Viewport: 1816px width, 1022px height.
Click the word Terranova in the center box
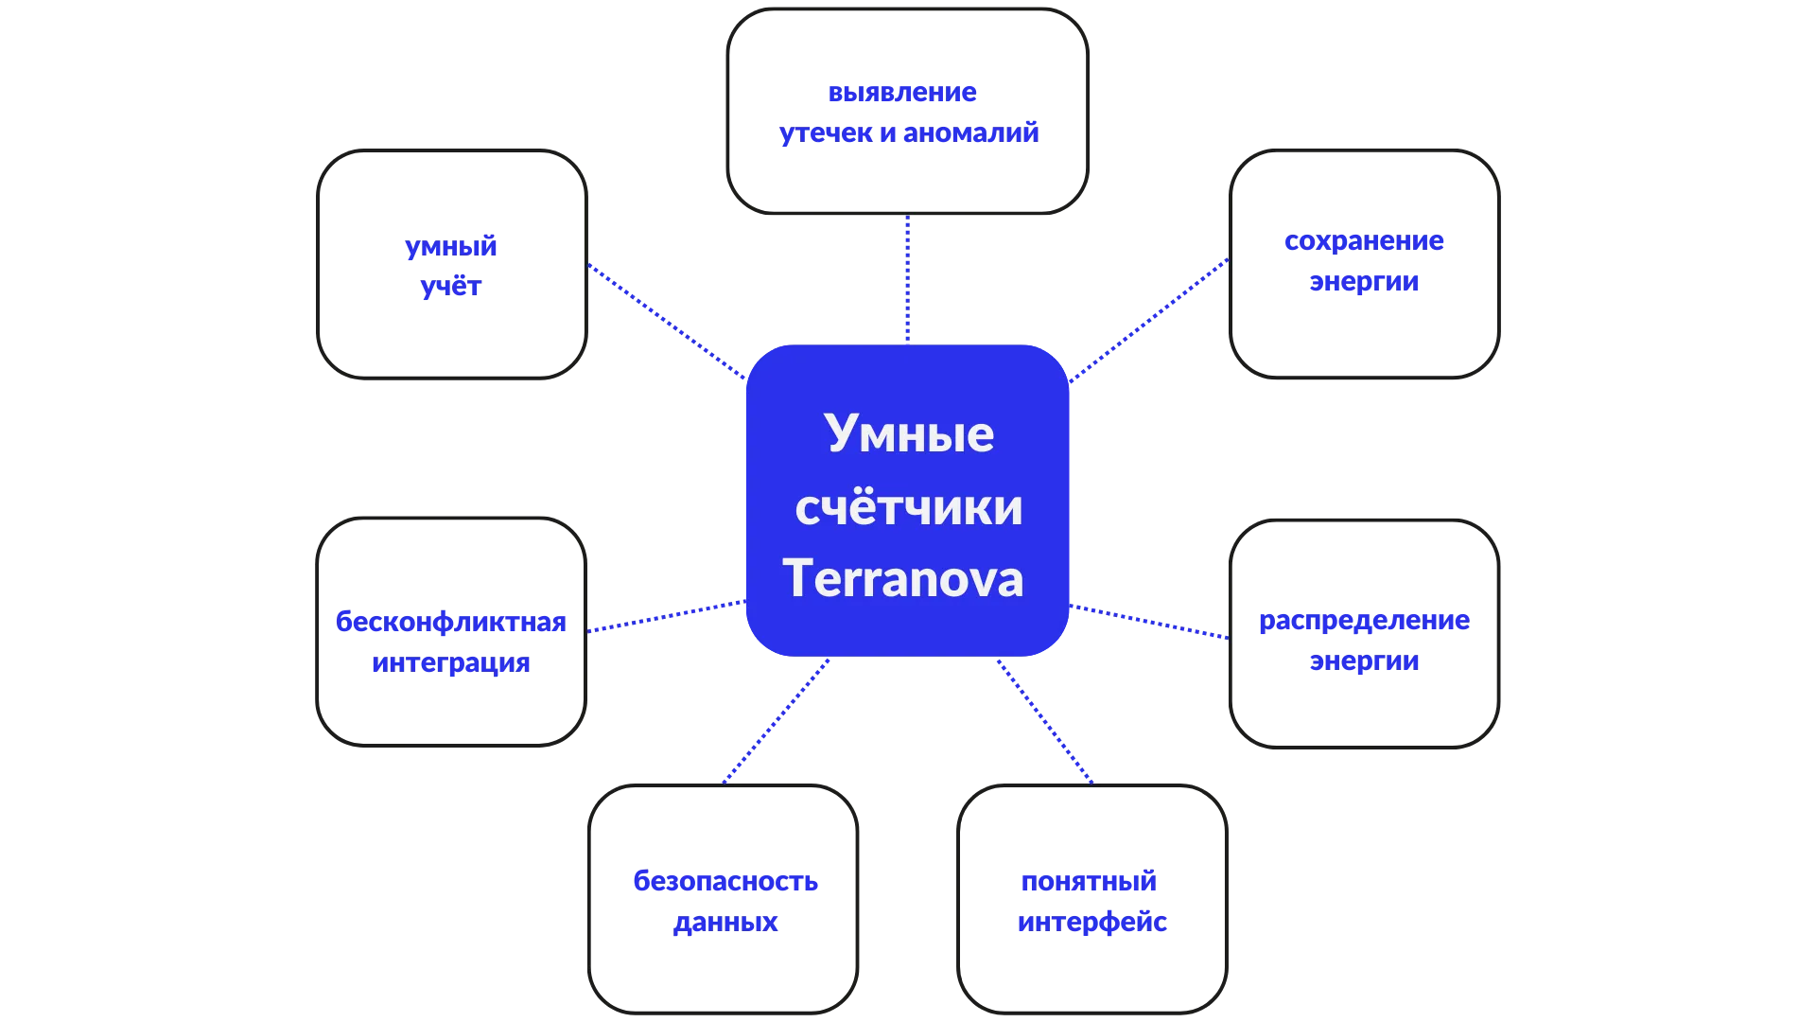pos(903,578)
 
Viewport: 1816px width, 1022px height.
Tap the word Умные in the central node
pos(909,434)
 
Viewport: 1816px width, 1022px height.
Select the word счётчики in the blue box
pos(908,507)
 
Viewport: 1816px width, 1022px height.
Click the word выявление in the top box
pos(902,94)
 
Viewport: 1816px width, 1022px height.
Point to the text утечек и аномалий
pos(909,132)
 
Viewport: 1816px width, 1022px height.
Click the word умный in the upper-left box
pos(450,247)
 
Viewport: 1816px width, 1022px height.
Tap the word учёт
pos(450,287)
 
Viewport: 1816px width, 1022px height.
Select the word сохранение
pos(1364,242)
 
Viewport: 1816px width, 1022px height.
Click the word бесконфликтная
pos(450,623)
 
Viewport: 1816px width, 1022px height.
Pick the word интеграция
pos(450,662)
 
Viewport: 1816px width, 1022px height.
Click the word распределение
pos(1364,622)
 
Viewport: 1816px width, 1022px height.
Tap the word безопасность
pos(725,882)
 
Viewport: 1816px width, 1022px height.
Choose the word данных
pos(725,923)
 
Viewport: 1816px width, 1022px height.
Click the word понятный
pos(1090,882)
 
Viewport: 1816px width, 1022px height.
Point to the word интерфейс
pos(1091,923)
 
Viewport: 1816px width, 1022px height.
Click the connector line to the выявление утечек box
pos(907,279)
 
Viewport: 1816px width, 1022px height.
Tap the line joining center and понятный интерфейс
pos(1044,721)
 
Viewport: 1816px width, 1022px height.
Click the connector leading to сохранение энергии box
pos(1149,320)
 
